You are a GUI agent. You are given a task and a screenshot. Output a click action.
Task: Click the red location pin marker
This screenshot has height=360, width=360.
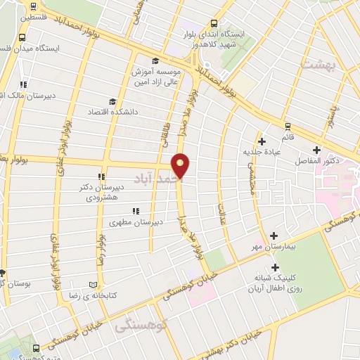[x=181, y=165]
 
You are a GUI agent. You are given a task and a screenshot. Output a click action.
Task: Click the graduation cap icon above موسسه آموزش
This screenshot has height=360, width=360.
[x=155, y=60]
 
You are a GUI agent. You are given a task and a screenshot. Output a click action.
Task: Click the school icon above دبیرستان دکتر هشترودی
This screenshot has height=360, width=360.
[x=102, y=176]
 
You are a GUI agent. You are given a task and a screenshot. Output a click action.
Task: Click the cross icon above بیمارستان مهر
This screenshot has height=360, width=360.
[x=274, y=236]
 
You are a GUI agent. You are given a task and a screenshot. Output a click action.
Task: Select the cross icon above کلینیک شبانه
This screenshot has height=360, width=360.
[x=275, y=267]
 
